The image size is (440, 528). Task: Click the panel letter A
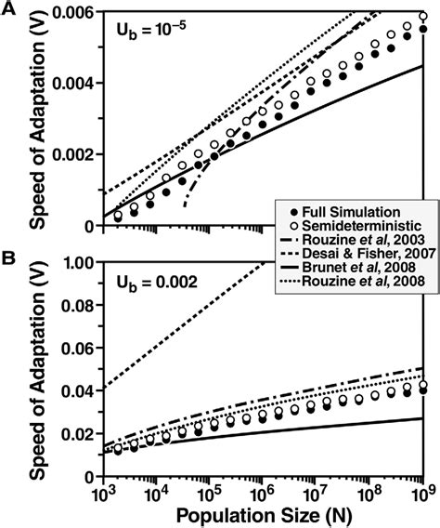click(9, 9)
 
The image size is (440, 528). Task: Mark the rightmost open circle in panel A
click(423, 17)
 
